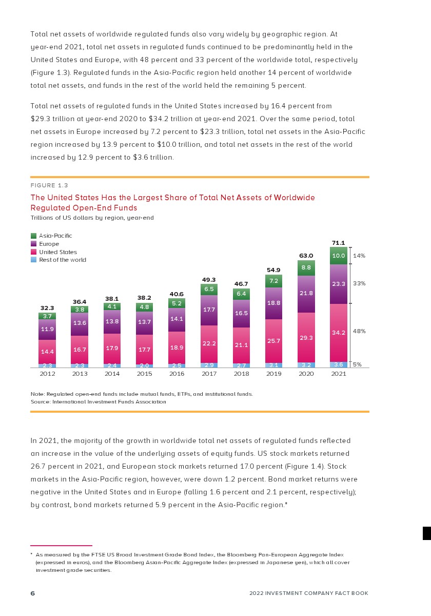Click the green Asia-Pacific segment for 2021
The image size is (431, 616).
pyautogui.click(x=339, y=256)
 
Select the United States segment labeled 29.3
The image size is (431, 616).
pyautogui.click(x=306, y=337)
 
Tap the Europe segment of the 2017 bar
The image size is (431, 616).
pyautogui.click(x=209, y=310)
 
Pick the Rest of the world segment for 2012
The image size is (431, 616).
pyautogui.click(x=47, y=365)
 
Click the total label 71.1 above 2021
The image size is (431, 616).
pyautogui.click(x=339, y=243)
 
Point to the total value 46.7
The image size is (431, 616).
pyautogui.click(x=241, y=283)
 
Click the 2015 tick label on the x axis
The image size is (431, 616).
pyautogui.click(x=144, y=374)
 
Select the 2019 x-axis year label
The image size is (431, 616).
pyautogui.click(x=274, y=374)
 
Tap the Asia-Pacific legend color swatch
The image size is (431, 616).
pyautogui.click(x=34, y=236)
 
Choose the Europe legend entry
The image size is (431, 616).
pyautogui.click(x=49, y=244)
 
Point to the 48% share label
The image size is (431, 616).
pyautogui.click(x=359, y=331)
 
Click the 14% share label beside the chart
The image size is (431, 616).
pyautogui.click(x=359, y=255)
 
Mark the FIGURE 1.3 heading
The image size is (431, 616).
pyautogui.click(x=49, y=185)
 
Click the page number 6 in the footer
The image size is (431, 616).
pyautogui.click(x=33, y=593)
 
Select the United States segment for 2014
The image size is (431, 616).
pyautogui.click(x=112, y=349)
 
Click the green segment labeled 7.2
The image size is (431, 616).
pyautogui.click(x=273, y=281)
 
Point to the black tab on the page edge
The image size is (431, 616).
pyautogui.click(x=426, y=533)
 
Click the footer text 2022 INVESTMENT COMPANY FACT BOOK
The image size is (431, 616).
pyautogui.click(x=308, y=593)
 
